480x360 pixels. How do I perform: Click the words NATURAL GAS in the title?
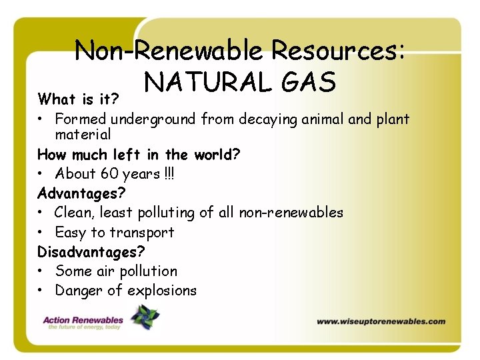(240, 83)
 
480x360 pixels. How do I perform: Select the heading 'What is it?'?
(78, 100)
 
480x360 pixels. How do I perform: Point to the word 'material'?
(83, 135)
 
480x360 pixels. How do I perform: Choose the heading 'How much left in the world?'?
(139, 155)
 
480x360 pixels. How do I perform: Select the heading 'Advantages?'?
(81, 193)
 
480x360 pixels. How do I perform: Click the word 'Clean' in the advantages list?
(75, 213)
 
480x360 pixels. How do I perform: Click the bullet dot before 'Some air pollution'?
(41, 271)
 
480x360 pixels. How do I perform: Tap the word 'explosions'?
(162, 291)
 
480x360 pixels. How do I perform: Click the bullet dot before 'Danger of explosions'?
(41, 291)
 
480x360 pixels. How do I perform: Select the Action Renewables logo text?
(83, 321)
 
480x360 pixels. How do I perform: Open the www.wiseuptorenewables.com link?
(381, 321)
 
